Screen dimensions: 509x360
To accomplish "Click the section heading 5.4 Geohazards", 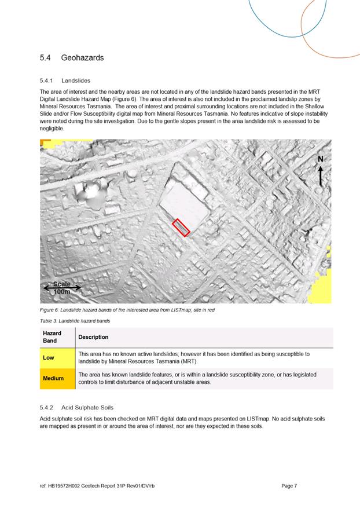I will [72, 58].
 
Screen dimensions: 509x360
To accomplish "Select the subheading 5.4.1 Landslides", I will [65, 80].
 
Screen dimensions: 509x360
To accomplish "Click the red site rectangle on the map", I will [181, 228].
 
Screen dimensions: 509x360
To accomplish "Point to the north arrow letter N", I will [321, 159].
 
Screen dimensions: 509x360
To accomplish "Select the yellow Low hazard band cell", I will [57, 357].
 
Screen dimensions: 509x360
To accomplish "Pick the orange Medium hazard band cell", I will [57, 378].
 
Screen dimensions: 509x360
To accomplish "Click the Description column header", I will [93, 337].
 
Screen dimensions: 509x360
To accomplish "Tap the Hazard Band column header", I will [52, 337].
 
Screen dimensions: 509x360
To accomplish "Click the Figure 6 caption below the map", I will [127, 310].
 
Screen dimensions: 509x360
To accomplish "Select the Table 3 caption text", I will [75, 320].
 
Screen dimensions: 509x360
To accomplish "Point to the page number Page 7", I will [289, 486].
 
